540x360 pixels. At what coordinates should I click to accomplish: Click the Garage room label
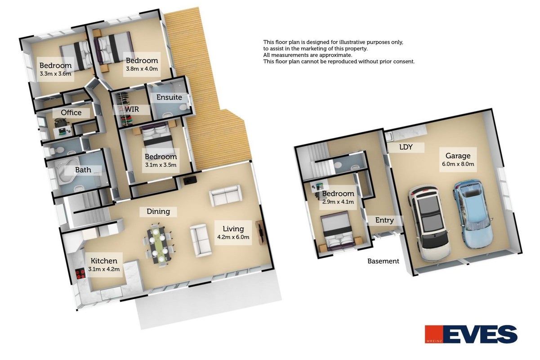[458, 156]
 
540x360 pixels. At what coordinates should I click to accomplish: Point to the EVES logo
[471, 334]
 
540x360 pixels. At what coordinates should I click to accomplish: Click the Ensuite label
[169, 97]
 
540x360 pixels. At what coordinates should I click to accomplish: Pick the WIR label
[132, 109]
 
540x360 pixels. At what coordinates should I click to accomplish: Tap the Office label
[71, 112]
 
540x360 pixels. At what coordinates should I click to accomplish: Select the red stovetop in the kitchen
[80, 274]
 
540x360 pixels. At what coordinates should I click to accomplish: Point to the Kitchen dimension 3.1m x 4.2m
[104, 269]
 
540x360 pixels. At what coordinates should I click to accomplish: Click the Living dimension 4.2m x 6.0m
[233, 237]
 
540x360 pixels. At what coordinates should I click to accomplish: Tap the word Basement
[383, 261]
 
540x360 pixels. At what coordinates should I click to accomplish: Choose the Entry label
[384, 220]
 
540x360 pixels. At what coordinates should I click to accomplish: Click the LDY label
[406, 147]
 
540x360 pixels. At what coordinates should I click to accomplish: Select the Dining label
[158, 211]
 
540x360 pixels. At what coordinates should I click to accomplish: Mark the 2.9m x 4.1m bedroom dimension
[338, 202]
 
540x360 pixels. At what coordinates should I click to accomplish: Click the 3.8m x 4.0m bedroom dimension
[142, 69]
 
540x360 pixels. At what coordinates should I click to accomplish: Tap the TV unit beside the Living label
[261, 233]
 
